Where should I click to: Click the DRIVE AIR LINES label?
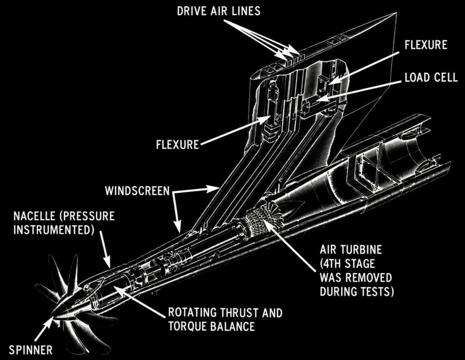point(218,11)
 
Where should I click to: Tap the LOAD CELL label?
point(431,77)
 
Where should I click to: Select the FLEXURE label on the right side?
point(426,45)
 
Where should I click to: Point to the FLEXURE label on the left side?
point(178,145)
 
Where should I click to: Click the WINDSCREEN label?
point(137,191)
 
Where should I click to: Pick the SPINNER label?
point(31,350)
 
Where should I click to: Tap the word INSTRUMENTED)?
point(54,230)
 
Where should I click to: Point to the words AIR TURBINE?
point(351,250)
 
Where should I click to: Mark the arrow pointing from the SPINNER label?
point(44,329)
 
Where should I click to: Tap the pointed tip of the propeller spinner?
point(53,316)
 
